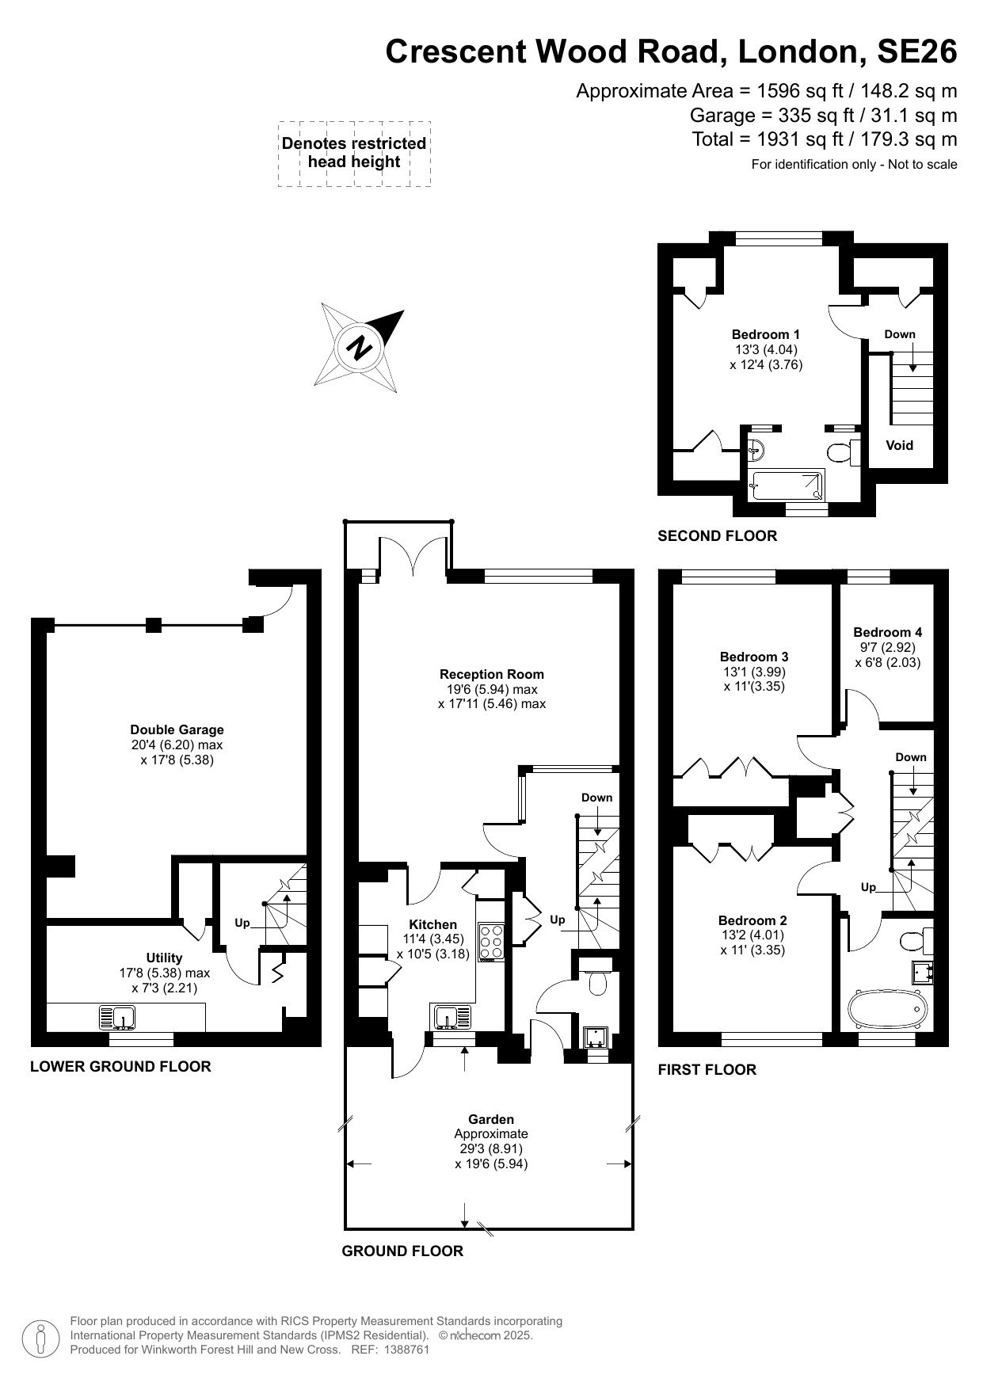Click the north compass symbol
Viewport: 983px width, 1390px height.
tap(360, 348)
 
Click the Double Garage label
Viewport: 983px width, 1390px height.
tap(177, 729)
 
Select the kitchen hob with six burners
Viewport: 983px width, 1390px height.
tap(491, 941)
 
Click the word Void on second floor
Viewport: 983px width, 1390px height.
tap(899, 445)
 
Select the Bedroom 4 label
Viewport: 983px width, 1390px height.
tap(887, 632)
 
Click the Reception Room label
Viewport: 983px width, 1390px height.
tap(491, 674)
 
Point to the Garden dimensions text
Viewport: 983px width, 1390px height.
tap(491, 1156)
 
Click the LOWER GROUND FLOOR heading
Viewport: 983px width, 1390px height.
tap(120, 1066)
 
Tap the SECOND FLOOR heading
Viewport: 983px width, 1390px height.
tap(717, 535)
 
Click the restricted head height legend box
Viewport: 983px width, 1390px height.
tap(354, 154)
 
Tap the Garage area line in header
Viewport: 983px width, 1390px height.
tap(823, 115)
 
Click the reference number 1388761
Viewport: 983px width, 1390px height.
tap(405, 1350)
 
